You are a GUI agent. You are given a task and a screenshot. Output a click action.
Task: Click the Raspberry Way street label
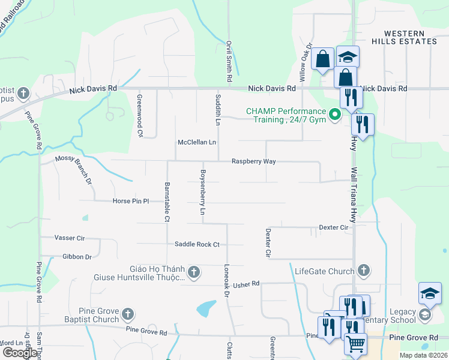[254, 161]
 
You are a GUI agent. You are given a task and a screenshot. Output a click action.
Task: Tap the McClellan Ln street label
[196, 143]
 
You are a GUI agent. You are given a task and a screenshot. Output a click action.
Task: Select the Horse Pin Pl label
[130, 202]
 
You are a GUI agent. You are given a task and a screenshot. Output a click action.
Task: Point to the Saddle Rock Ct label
[197, 244]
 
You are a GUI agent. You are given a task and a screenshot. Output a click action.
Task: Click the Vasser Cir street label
[70, 238]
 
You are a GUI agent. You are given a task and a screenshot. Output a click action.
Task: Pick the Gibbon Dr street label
[76, 257]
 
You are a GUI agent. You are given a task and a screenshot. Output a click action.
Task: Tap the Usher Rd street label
[246, 284]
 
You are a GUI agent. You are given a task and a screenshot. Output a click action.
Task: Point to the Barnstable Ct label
[167, 202]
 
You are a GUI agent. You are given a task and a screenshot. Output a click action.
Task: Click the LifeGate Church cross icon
[363, 271]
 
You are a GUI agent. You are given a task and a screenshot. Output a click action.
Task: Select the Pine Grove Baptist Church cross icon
[127, 314]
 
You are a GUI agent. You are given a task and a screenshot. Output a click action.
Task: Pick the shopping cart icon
[355, 344]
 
